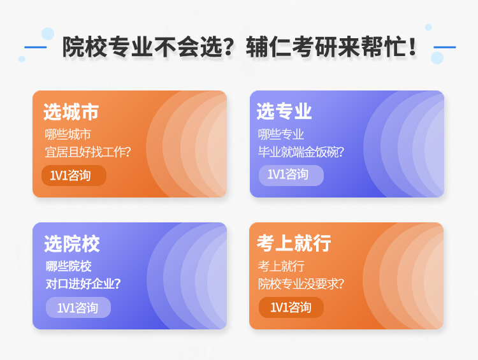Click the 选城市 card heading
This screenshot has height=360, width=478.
click(71, 112)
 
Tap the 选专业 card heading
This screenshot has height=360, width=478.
click(284, 111)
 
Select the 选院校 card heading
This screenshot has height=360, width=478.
click(72, 243)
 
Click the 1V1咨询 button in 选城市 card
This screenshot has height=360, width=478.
click(74, 175)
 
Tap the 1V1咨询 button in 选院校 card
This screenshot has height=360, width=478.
click(78, 307)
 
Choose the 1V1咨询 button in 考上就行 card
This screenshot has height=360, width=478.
click(291, 307)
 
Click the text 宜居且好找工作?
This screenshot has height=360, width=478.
click(88, 152)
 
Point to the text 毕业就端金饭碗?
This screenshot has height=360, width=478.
click(301, 152)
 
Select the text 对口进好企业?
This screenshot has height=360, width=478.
click(83, 284)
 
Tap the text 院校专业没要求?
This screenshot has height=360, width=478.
click(301, 284)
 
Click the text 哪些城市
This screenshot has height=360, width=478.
click(68, 134)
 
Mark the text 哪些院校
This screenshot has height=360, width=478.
click(69, 266)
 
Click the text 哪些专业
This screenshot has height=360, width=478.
click(281, 134)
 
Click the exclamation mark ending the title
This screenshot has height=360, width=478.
click(413, 47)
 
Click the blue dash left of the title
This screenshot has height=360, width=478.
click(35, 47)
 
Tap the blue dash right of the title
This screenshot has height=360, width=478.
click(444, 47)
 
